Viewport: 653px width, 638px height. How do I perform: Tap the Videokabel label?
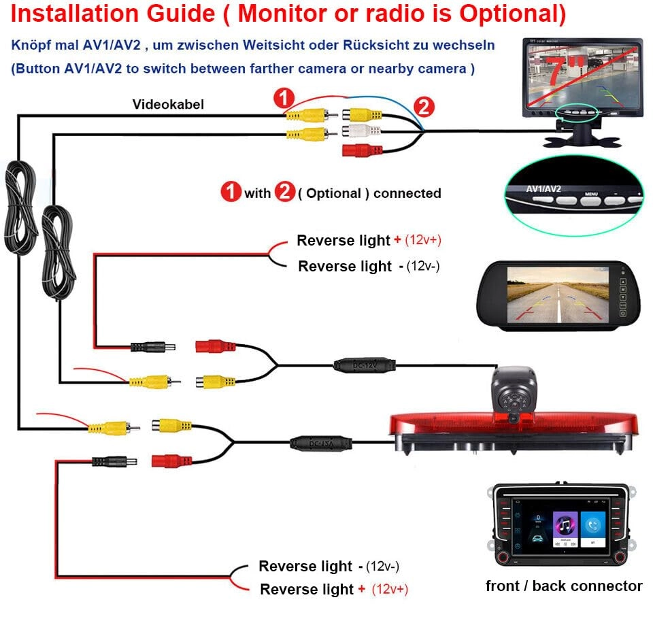168,104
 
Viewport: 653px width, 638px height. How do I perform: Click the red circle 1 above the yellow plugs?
284,98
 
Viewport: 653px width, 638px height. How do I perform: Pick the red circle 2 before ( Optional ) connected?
284,192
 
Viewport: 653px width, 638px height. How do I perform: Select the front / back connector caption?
564,586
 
